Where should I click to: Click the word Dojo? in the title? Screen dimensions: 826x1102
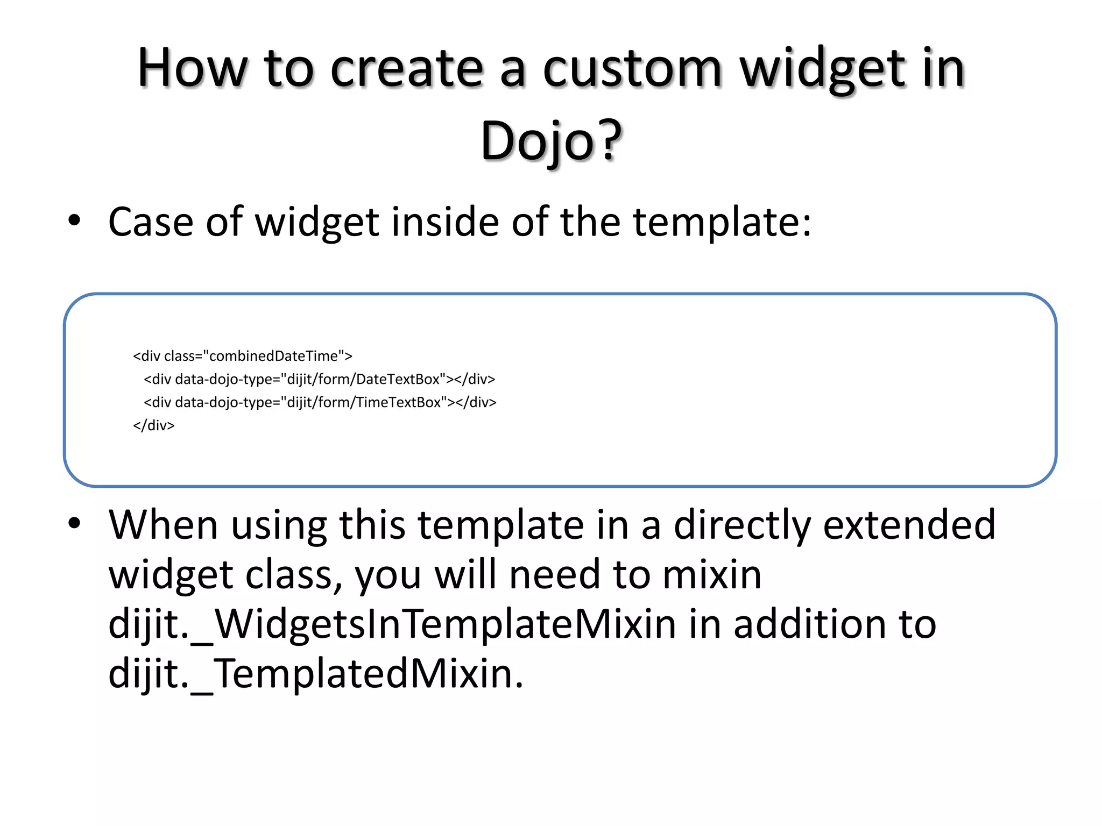pyautogui.click(x=551, y=141)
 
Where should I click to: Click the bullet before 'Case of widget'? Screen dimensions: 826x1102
pyautogui.click(x=74, y=220)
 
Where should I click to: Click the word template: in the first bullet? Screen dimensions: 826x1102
pyautogui.click(x=722, y=222)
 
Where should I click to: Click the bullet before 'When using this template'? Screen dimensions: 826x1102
pyautogui.click(x=74, y=523)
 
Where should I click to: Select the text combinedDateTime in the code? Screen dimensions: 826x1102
pyautogui.click(x=273, y=356)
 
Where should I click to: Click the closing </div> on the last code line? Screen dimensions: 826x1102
pyautogui.click(x=154, y=425)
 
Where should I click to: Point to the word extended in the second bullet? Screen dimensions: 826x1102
pyautogui.click(x=909, y=525)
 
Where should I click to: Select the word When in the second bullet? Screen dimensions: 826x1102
pyautogui.click(x=163, y=525)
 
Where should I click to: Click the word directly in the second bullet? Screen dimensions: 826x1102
pyautogui.click(x=742, y=525)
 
